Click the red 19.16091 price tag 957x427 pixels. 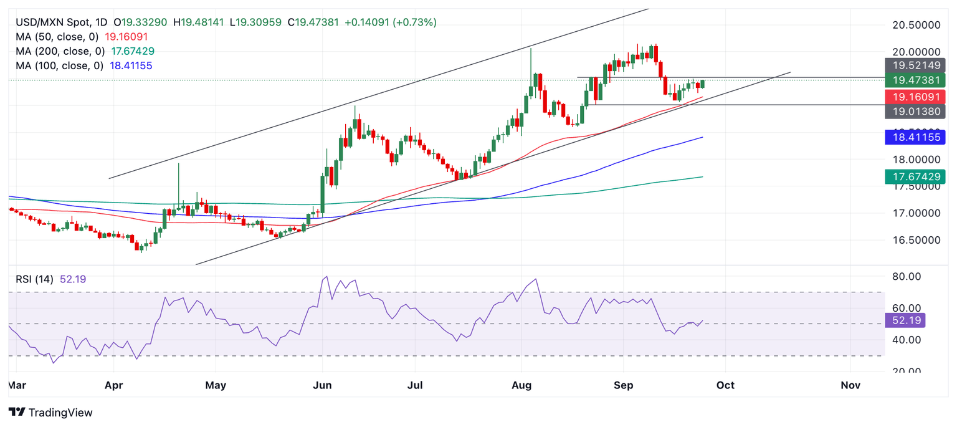coord(915,97)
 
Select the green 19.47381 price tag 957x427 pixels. coord(915,80)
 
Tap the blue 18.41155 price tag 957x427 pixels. coord(915,137)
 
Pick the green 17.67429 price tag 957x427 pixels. coord(915,177)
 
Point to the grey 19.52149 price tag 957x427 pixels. coord(915,65)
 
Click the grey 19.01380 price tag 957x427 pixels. coord(915,112)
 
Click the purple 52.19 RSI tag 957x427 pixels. coord(905,320)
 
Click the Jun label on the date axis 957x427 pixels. coord(322,385)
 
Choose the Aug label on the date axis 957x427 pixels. coord(521,385)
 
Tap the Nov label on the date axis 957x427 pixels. coord(850,385)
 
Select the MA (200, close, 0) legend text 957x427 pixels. coord(60,51)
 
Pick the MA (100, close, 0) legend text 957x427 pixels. coord(60,65)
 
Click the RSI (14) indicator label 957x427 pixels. coord(35,279)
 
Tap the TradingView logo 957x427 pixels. coord(51,412)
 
